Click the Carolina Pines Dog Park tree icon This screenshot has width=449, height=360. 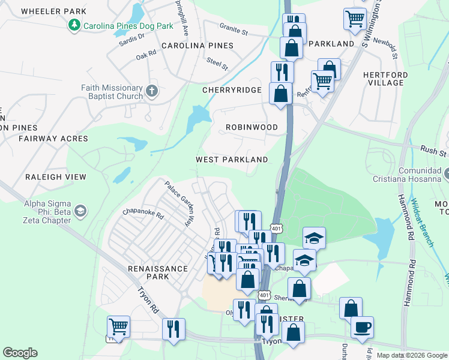click(74, 26)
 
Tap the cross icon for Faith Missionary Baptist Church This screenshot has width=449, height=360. click(152, 92)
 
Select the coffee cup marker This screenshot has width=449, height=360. click(363, 328)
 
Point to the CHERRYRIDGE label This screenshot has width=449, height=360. click(232, 90)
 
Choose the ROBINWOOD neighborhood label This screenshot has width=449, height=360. click(252, 128)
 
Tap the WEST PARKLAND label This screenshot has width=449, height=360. click(232, 160)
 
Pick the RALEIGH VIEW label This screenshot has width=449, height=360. click(56, 177)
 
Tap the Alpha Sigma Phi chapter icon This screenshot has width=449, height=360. click(80, 211)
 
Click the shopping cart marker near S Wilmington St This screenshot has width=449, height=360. click(355, 19)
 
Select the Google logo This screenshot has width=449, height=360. click(20, 353)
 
